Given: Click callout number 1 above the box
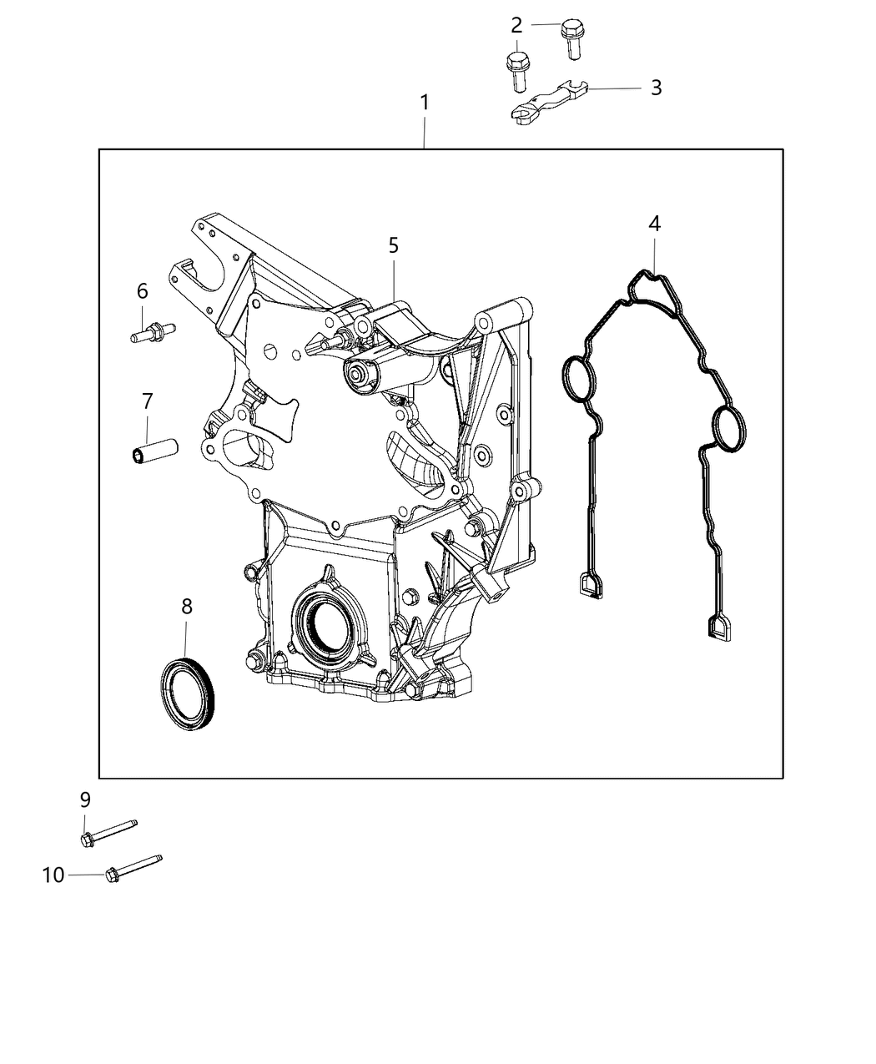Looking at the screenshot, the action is tap(424, 103).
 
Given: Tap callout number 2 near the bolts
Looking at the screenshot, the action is tap(516, 25).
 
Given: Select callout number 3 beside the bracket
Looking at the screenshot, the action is tap(657, 88).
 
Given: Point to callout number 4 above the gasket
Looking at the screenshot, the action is tap(654, 223).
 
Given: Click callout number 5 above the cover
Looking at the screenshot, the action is tap(394, 245).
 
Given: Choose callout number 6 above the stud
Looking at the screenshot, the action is tap(142, 291).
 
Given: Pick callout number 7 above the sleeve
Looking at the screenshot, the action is tap(148, 401).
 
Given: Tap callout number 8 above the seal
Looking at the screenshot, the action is tap(187, 607).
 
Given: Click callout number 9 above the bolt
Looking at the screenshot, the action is tap(85, 799).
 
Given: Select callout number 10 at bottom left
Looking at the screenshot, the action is tap(53, 875).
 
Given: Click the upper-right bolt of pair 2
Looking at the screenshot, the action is tap(571, 40).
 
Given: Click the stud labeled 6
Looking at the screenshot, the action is tap(153, 331).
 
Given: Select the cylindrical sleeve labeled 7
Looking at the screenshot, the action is tap(155, 451).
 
